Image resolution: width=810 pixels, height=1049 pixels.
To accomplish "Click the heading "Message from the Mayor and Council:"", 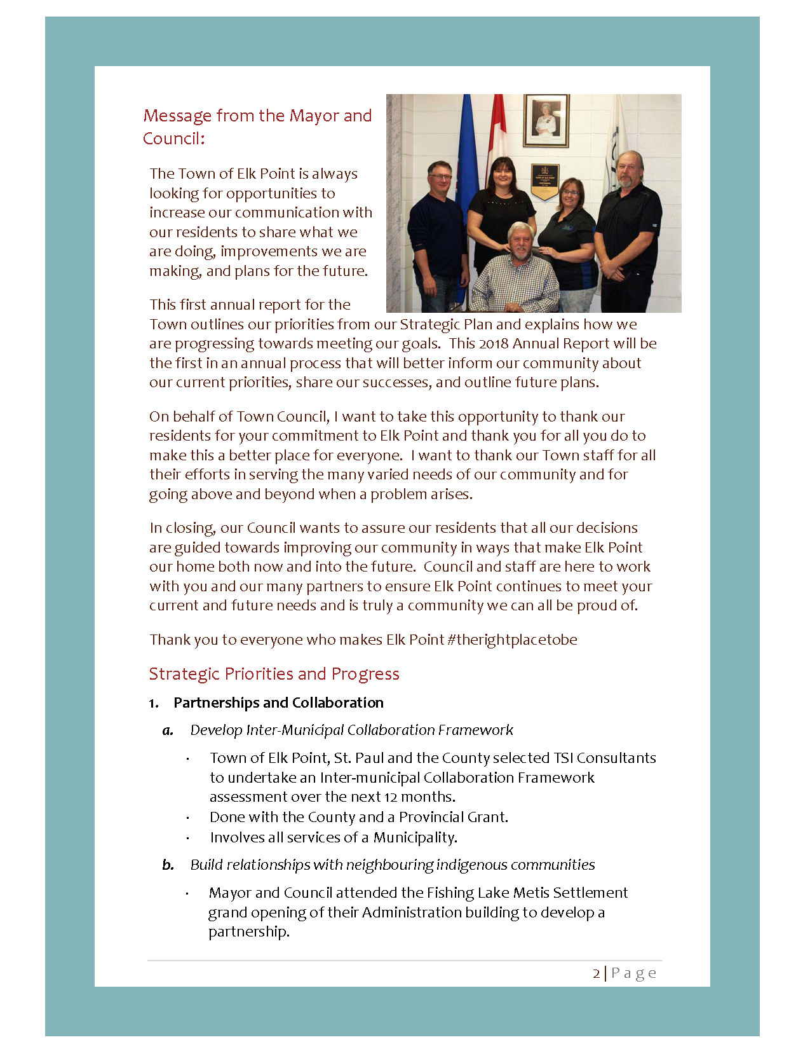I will click(257, 127).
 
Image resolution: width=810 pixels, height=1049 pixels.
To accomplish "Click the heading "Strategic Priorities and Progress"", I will click(274, 674).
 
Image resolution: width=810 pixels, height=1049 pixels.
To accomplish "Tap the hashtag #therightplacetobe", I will click(512, 640).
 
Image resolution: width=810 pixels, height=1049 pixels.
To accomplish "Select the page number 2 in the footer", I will click(596, 973).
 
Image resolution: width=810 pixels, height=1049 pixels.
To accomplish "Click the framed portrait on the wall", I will click(546, 121).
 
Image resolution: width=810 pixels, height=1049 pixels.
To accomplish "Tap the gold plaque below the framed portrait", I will click(545, 181).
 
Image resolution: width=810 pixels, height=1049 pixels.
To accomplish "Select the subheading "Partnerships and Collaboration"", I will click(278, 703).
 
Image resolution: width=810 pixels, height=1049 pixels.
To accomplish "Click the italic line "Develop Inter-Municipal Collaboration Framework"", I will click(351, 730).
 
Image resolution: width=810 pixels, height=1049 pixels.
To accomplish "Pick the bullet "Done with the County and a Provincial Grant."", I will click(359, 817).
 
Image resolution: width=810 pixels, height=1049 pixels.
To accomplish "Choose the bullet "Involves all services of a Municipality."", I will click(334, 837).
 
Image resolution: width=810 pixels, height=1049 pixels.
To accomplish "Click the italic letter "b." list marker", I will click(168, 865).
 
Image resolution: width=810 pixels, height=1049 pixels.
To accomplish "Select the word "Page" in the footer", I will click(633, 973).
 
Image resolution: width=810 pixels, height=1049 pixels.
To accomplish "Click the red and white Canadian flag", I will click(497, 134).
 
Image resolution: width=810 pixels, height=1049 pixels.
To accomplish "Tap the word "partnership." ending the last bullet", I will click(249, 931).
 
